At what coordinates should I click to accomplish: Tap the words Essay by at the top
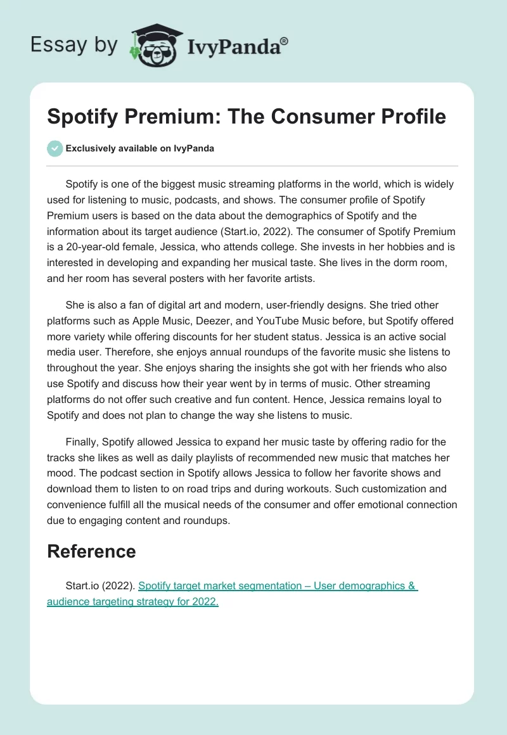pyautogui.click(x=75, y=44)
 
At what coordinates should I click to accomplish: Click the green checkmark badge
pyautogui.click(x=55, y=148)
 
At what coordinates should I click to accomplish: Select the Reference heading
pyautogui.click(x=91, y=551)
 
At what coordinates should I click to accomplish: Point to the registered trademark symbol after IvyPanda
pyautogui.click(x=284, y=41)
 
